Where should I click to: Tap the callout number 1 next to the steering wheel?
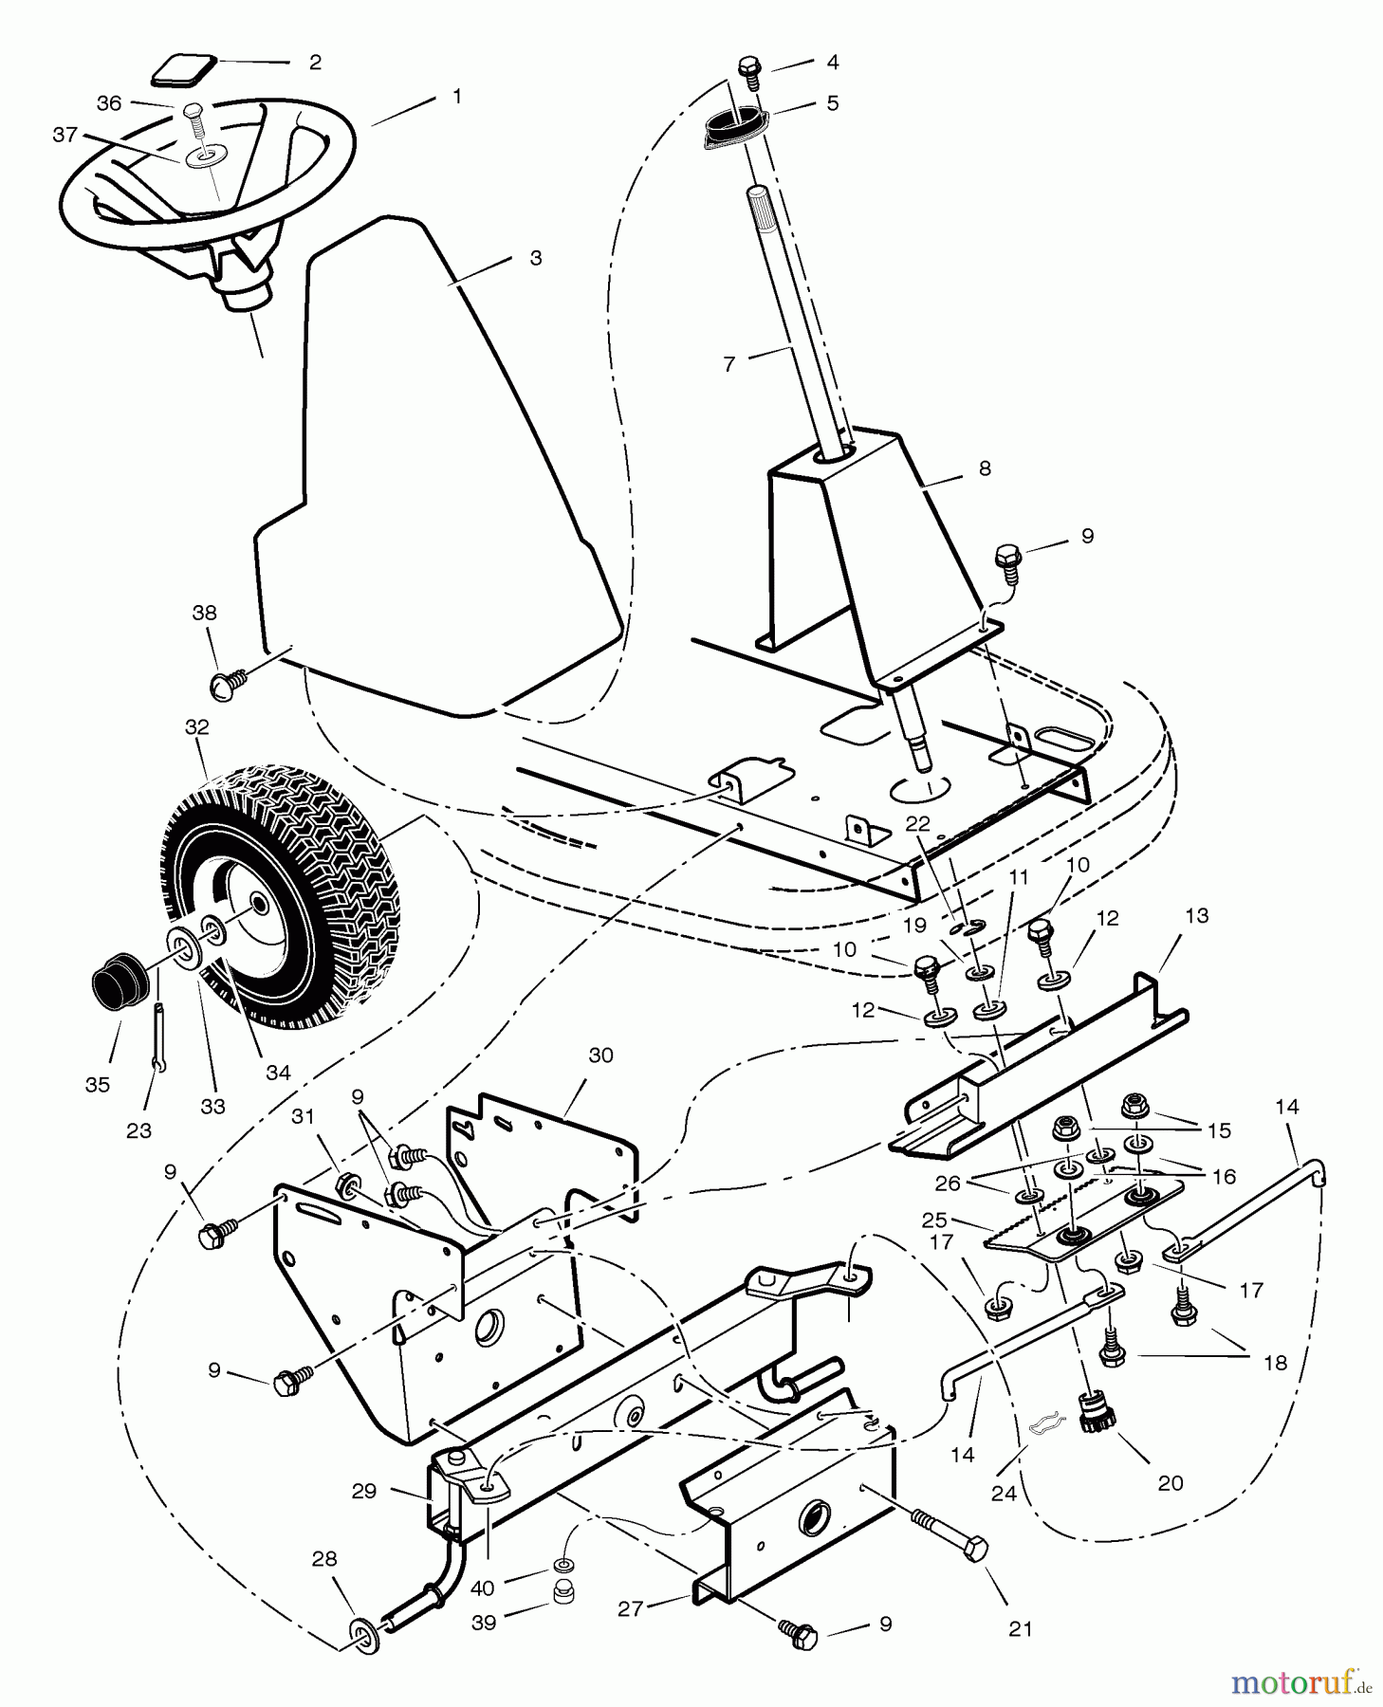tap(457, 97)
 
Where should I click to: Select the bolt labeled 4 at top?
tap(749, 69)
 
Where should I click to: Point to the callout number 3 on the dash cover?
tap(535, 258)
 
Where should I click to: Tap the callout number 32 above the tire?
tap(196, 727)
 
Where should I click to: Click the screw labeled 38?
tap(228, 679)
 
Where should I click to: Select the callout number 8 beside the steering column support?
tap(985, 468)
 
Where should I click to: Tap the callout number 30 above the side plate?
tap(601, 1055)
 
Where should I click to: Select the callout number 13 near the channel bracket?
tap(1197, 916)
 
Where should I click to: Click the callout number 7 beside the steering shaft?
tap(728, 364)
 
